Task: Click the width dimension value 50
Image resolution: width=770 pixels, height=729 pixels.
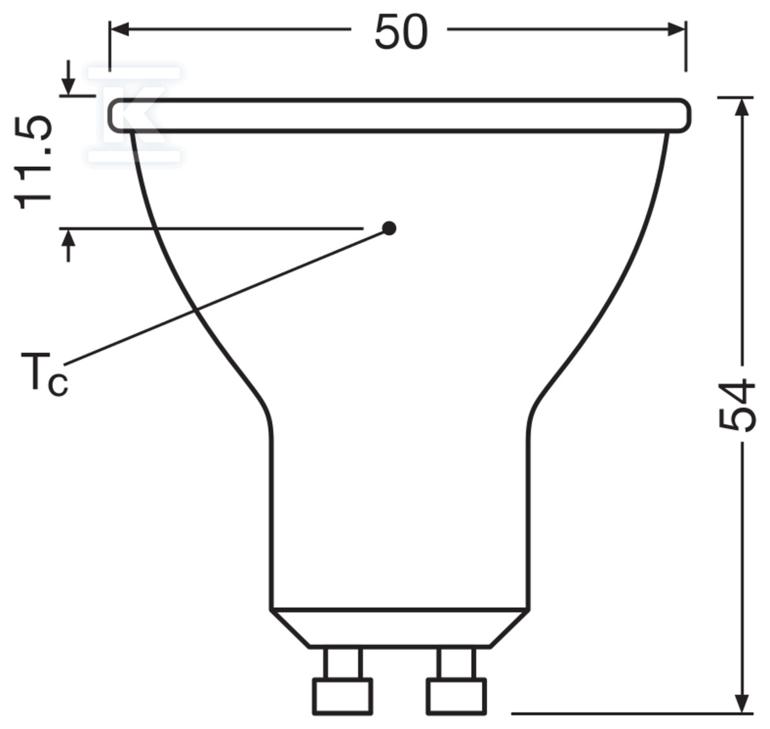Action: tap(400, 32)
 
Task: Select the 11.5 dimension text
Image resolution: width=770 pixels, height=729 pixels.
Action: tap(33, 162)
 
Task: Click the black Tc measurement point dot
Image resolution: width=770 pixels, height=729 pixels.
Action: tap(389, 228)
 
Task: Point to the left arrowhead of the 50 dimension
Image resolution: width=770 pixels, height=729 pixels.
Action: tap(119, 30)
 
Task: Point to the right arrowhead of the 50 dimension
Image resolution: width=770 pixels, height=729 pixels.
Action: tap(676, 30)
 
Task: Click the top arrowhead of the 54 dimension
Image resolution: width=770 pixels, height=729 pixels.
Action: tap(743, 107)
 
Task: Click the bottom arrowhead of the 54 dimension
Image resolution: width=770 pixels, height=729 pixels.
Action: tap(743, 703)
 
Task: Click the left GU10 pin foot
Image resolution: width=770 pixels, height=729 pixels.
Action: tap(342, 696)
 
